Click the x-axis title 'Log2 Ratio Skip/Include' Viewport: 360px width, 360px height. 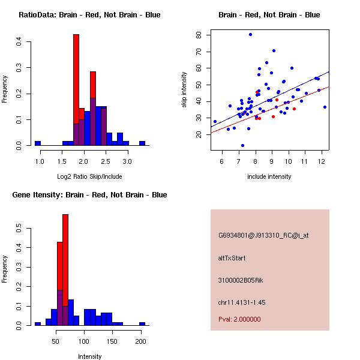coord(89,176)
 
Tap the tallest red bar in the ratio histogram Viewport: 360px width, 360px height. coord(76,90)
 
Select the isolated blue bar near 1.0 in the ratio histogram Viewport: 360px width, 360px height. coord(38,143)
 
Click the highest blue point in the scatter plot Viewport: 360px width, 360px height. coord(250,34)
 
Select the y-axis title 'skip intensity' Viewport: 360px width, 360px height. coord(185,90)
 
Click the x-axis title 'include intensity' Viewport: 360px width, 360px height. coord(269,176)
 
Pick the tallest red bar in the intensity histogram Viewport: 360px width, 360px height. coord(65,270)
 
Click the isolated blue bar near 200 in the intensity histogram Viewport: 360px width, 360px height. coord(142,323)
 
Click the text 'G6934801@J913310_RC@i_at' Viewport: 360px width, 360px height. coord(263,235)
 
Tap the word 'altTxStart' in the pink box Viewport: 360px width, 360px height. coord(232,258)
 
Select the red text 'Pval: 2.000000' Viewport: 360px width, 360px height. coord(238,319)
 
